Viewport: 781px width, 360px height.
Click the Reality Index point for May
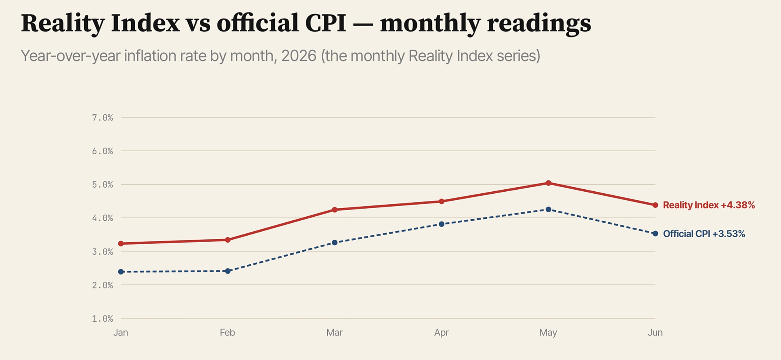coord(548,183)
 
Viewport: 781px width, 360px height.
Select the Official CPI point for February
coord(228,271)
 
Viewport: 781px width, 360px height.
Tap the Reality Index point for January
coord(121,243)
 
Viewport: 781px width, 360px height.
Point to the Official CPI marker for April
coord(442,224)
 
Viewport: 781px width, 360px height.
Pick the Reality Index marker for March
coord(335,210)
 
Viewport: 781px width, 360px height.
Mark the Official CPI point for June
coord(655,234)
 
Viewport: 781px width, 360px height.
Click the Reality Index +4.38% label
coord(709,205)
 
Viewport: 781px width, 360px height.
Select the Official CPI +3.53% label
coord(704,234)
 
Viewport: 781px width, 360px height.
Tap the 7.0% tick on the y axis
coord(103,117)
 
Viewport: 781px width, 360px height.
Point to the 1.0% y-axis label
coord(103,318)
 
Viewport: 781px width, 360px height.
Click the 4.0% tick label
coord(103,218)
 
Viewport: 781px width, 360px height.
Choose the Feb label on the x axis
coord(227,333)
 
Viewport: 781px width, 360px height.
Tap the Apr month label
coord(442,333)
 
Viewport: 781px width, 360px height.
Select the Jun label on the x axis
coord(655,333)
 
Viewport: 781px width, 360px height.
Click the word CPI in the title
coord(326,23)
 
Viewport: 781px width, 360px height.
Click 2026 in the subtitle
coord(299,56)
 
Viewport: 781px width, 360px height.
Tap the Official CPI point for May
coord(548,209)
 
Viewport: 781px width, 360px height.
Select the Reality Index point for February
coord(228,240)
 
